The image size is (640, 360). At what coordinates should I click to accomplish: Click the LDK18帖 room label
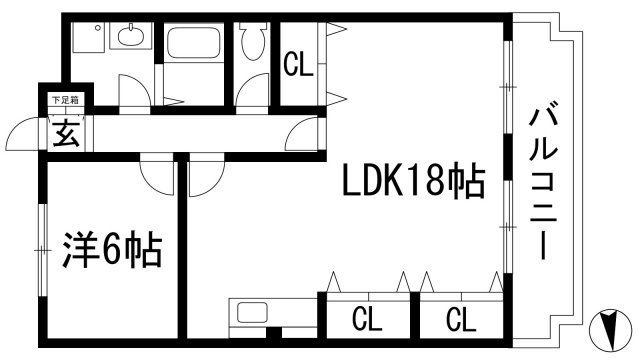click(x=414, y=183)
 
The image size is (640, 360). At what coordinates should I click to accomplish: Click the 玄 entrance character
click(x=65, y=132)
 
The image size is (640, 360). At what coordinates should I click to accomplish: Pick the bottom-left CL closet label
click(x=367, y=321)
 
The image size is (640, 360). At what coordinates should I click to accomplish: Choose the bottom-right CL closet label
click(x=459, y=321)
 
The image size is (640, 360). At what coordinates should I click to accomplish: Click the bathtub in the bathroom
click(x=195, y=44)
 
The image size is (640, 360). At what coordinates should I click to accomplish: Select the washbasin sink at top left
click(x=129, y=41)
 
